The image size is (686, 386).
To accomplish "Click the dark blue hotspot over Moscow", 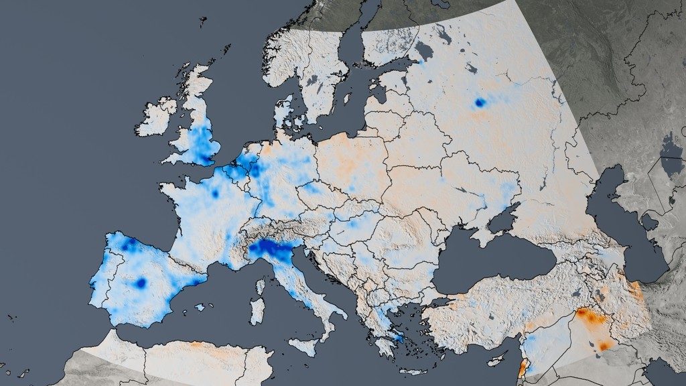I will click(x=479, y=103).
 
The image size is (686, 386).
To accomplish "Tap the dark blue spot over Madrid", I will click(x=141, y=283).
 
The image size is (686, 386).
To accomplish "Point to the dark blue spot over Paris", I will click(x=215, y=193).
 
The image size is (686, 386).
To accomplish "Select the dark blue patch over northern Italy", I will click(x=271, y=249).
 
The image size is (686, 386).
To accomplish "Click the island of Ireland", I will click(x=158, y=117).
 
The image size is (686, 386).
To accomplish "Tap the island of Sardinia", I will click(x=257, y=311).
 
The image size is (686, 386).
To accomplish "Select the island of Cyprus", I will click(x=498, y=359).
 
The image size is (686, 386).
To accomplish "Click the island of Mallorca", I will click(x=200, y=307).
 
